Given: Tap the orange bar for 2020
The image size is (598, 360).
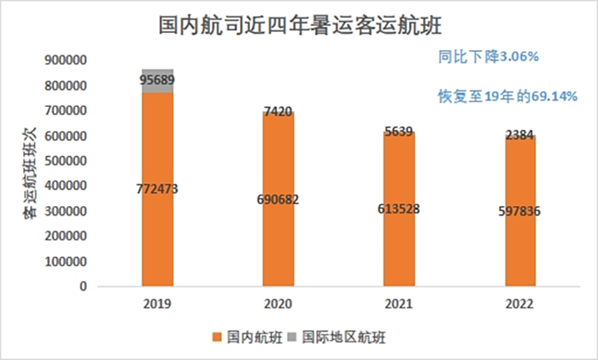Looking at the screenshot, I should [277, 224].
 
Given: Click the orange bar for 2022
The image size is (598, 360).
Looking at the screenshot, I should [520, 246].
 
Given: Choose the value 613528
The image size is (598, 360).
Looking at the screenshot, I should [398, 208].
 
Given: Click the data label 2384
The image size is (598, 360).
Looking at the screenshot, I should [520, 135].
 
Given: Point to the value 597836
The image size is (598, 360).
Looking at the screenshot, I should [520, 212].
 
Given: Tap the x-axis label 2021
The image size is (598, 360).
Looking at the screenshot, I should [398, 305].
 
